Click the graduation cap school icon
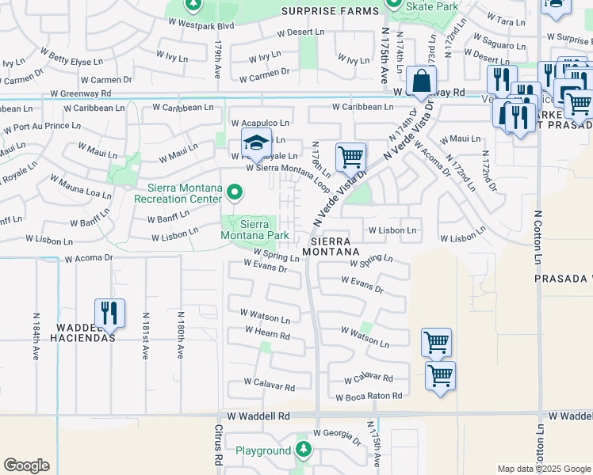[x=256, y=143]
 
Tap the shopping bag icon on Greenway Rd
[x=421, y=81]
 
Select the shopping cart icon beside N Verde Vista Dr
[x=350, y=156]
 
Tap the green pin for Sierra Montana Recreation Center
[x=234, y=192]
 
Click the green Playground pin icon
[x=303, y=450]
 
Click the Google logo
[x=26, y=465]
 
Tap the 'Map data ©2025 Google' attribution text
[x=544, y=469]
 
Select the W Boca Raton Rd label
[x=369, y=397]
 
